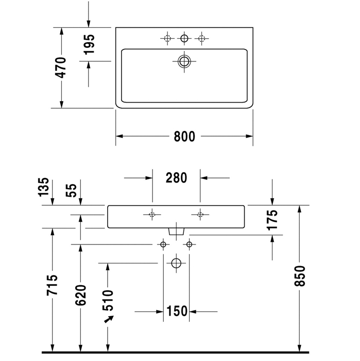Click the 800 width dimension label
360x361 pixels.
[184, 137]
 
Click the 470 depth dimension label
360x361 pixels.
[61, 68]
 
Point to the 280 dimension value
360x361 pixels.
[176, 178]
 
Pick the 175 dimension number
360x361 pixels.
[272, 219]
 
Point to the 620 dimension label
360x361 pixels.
[80, 296]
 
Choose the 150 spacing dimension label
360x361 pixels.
[176, 311]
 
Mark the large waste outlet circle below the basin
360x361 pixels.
[176, 263]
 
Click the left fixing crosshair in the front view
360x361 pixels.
[152, 215]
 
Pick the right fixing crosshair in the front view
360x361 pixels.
[200, 215]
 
